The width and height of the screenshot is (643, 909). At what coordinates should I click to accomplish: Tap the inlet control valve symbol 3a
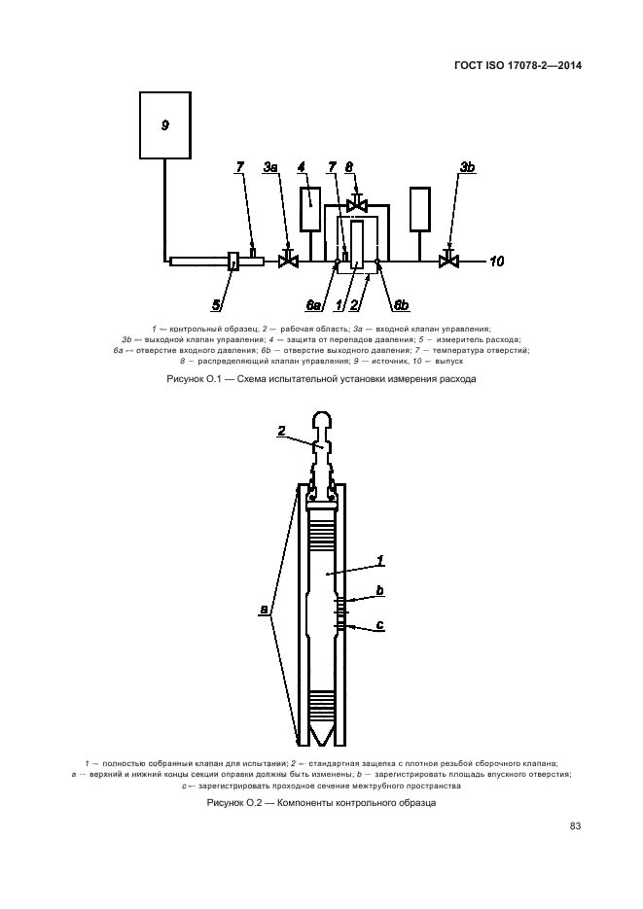pyautogui.click(x=287, y=261)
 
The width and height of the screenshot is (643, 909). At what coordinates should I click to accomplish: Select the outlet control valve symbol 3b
pyautogui.click(x=448, y=260)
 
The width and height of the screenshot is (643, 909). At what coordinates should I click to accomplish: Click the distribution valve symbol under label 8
pyautogui.click(x=357, y=204)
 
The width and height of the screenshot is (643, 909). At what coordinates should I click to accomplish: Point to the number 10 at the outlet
pyautogui.click(x=497, y=261)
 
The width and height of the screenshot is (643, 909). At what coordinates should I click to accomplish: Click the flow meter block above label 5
pyautogui.click(x=234, y=261)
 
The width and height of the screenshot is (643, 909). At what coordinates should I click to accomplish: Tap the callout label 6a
pyautogui.click(x=313, y=304)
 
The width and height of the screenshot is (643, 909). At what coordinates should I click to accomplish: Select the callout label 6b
pyautogui.click(x=400, y=305)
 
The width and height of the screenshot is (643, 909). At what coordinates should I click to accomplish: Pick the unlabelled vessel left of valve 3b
pyautogui.click(x=420, y=208)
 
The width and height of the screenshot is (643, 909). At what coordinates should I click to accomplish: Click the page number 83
pyautogui.click(x=575, y=826)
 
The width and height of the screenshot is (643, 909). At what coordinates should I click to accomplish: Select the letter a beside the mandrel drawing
pyautogui.click(x=263, y=610)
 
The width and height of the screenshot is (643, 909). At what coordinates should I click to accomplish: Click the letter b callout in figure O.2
pyautogui.click(x=379, y=590)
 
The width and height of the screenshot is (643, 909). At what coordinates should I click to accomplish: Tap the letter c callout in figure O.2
pyautogui.click(x=379, y=624)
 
